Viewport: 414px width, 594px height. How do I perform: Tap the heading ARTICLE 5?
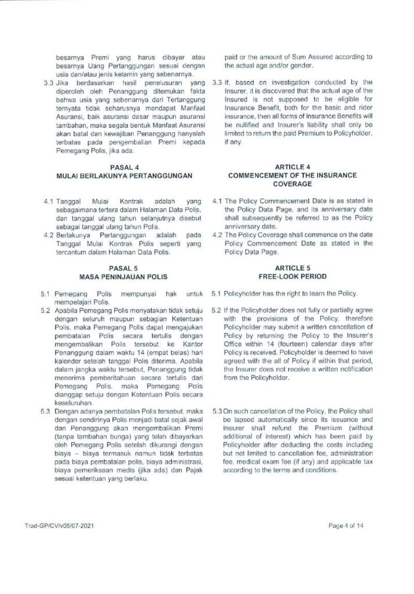pos(292,269)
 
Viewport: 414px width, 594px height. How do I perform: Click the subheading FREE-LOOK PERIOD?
pos(292,276)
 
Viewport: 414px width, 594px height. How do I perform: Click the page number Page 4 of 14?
pos(348,526)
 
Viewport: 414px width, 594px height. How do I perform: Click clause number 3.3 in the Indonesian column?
pos(49,82)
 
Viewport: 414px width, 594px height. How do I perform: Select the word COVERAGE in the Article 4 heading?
pos(292,183)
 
